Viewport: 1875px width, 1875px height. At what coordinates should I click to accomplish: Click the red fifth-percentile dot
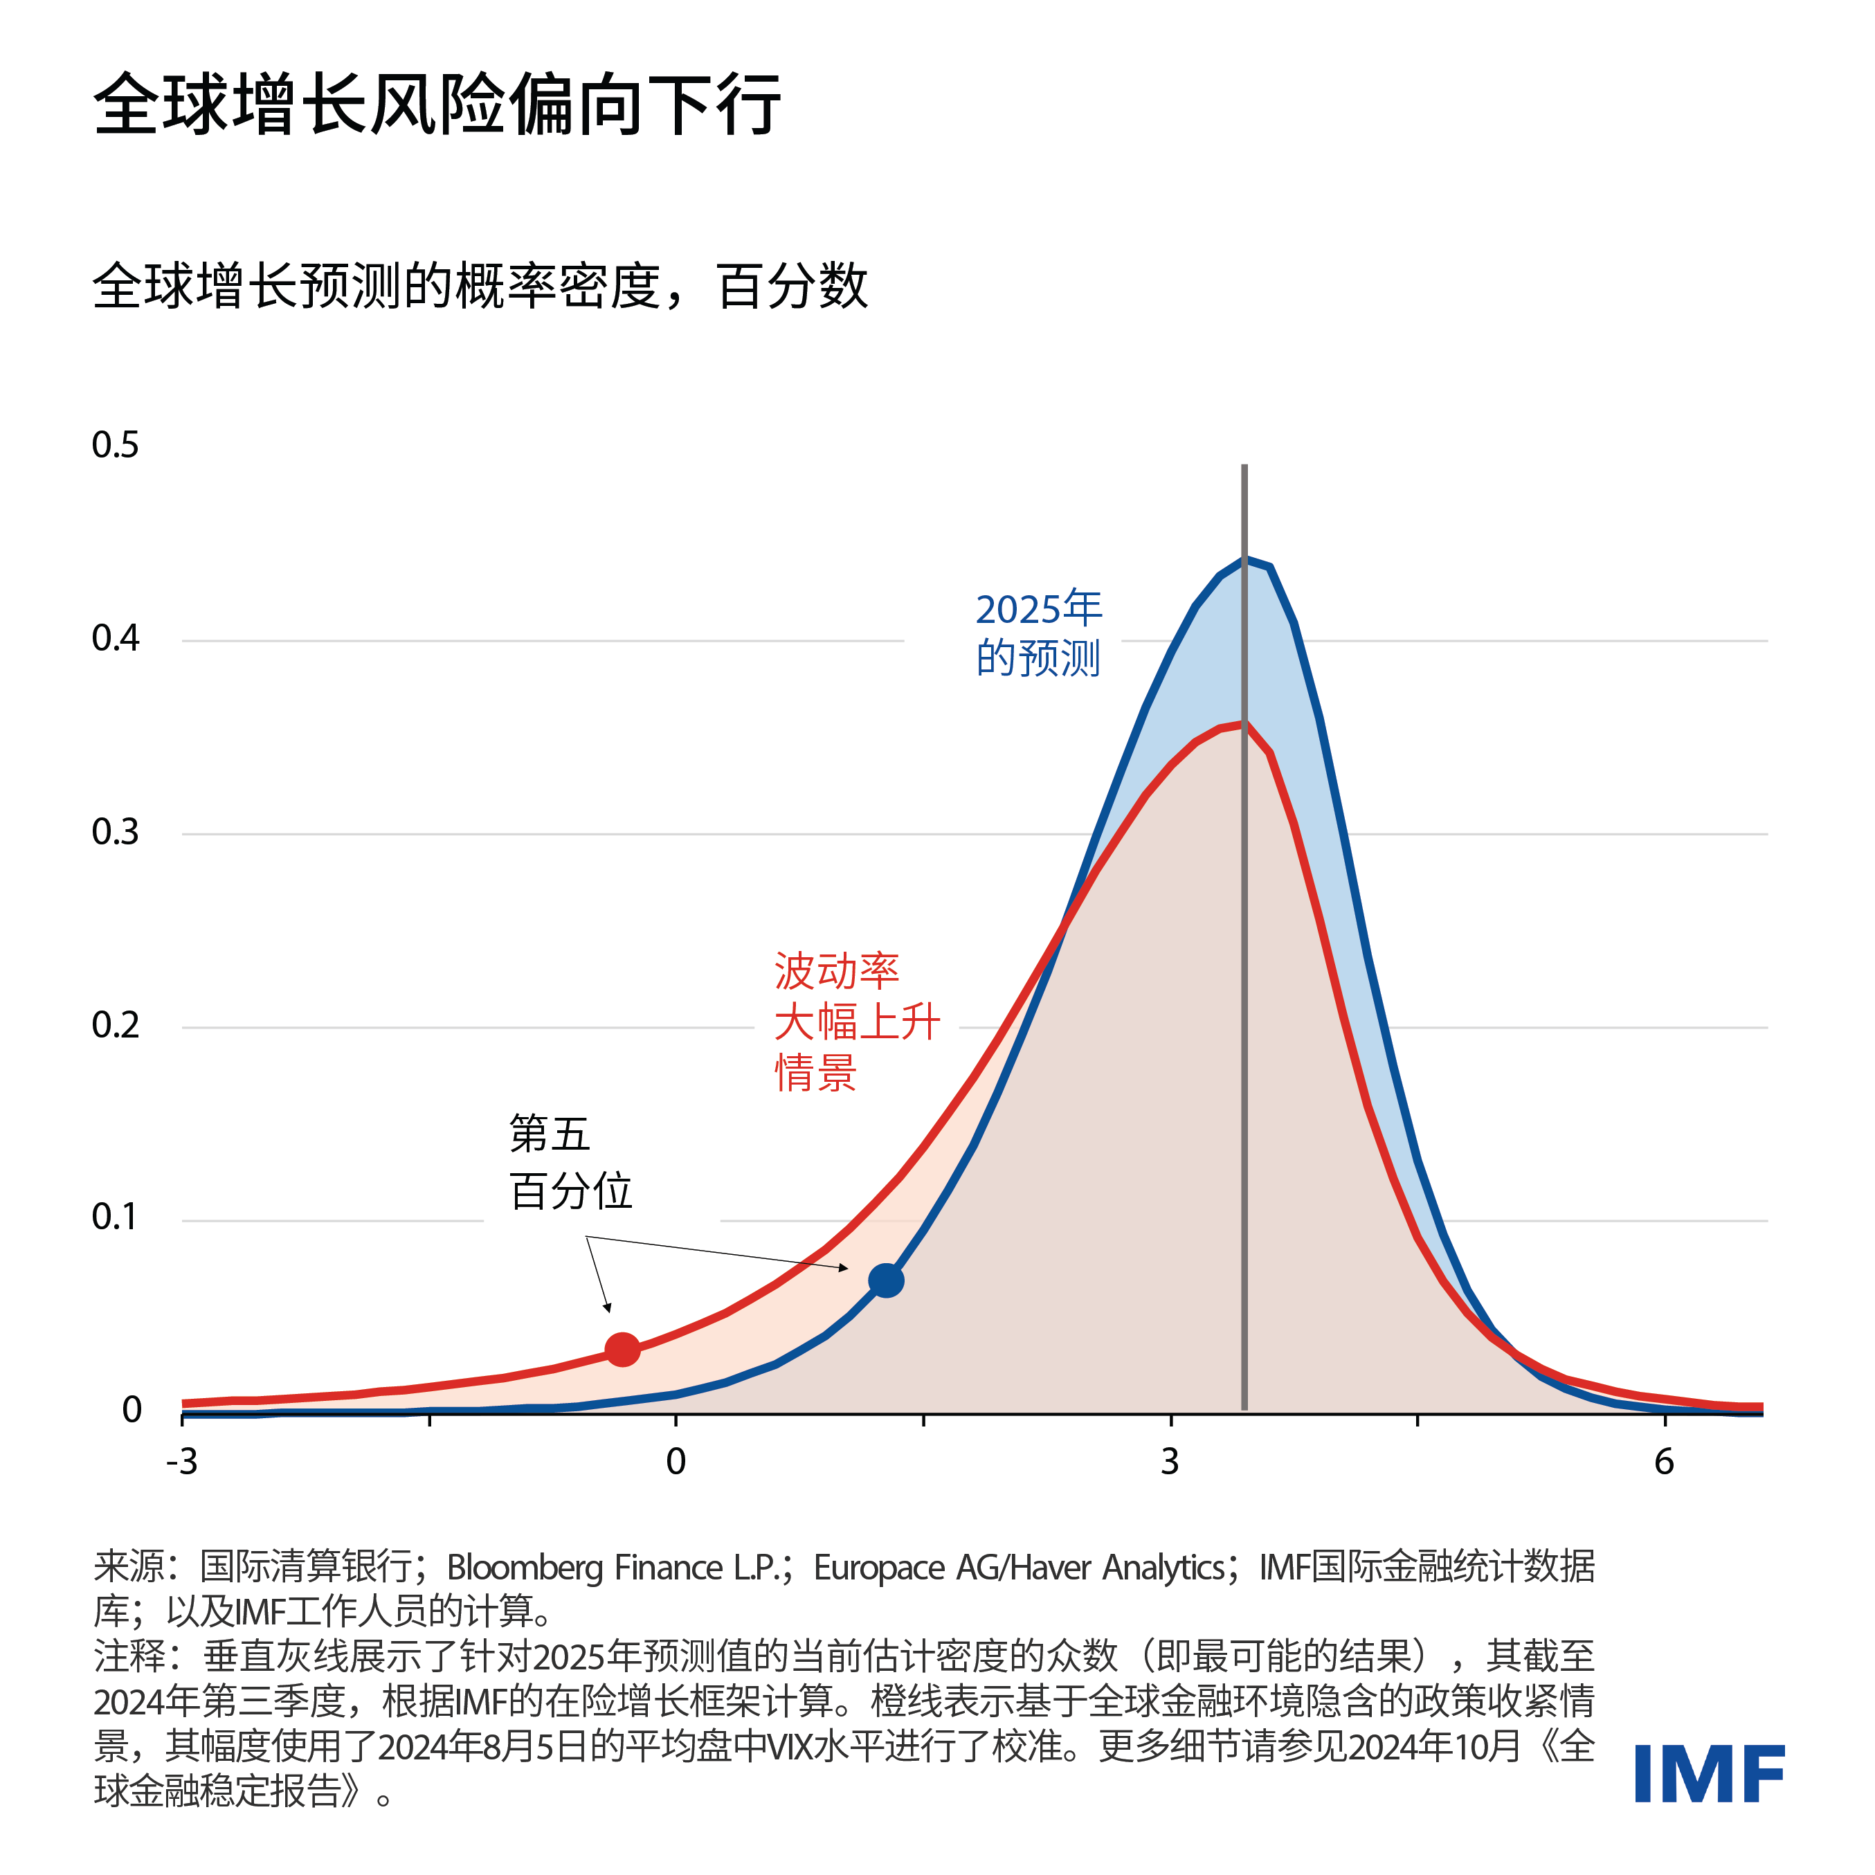tap(622, 1349)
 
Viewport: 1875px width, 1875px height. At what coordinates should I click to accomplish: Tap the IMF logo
tap(1709, 1774)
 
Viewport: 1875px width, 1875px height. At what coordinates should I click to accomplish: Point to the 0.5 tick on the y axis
tap(116, 446)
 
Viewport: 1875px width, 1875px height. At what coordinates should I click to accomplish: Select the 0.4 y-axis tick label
tap(116, 639)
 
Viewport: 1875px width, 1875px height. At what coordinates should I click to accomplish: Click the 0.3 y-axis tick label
tap(116, 832)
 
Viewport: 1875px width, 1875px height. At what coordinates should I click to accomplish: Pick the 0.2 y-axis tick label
tap(116, 1025)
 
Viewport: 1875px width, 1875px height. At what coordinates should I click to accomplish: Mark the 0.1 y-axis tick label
tap(116, 1217)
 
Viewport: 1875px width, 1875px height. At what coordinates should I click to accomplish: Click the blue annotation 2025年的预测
tap(1038, 634)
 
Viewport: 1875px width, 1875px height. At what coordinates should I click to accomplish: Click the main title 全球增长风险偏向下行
tap(437, 104)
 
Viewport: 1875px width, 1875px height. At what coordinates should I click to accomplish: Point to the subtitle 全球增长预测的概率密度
tap(388, 287)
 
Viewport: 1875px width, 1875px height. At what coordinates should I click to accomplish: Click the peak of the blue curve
tap(1246, 559)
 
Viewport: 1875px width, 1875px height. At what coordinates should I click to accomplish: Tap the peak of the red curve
tap(1242, 724)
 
